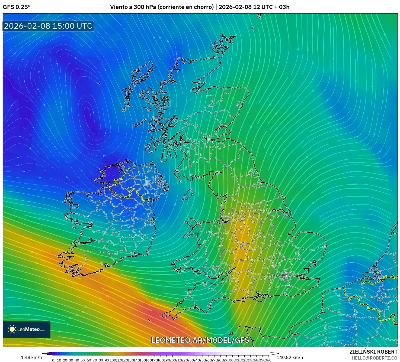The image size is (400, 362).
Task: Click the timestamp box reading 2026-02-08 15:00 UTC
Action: pyautogui.click(x=48, y=26)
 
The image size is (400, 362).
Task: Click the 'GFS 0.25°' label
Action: pyautogui.click(x=17, y=7)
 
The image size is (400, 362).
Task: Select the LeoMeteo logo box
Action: pyautogui.click(x=27, y=329)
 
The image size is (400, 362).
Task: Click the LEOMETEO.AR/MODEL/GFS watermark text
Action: pyautogui.click(x=200, y=340)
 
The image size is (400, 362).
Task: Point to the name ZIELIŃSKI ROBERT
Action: pyautogui.click(x=373, y=352)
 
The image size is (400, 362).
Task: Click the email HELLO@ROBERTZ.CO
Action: pyautogui.click(x=375, y=358)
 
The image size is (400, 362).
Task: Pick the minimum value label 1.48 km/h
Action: pyautogui.click(x=31, y=357)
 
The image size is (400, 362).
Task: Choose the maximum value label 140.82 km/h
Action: pyautogui.click(x=290, y=357)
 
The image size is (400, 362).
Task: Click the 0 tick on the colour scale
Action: pyautogui.click(x=53, y=360)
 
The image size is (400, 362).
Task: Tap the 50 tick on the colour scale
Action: pyautogui.click(x=83, y=360)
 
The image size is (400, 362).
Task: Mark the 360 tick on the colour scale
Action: pyautogui.click(x=268, y=360)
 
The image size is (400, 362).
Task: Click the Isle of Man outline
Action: pyautogui.click(x=188, y=194)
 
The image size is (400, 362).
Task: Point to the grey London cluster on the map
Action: pyautogui.click(x=284, y=276)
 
